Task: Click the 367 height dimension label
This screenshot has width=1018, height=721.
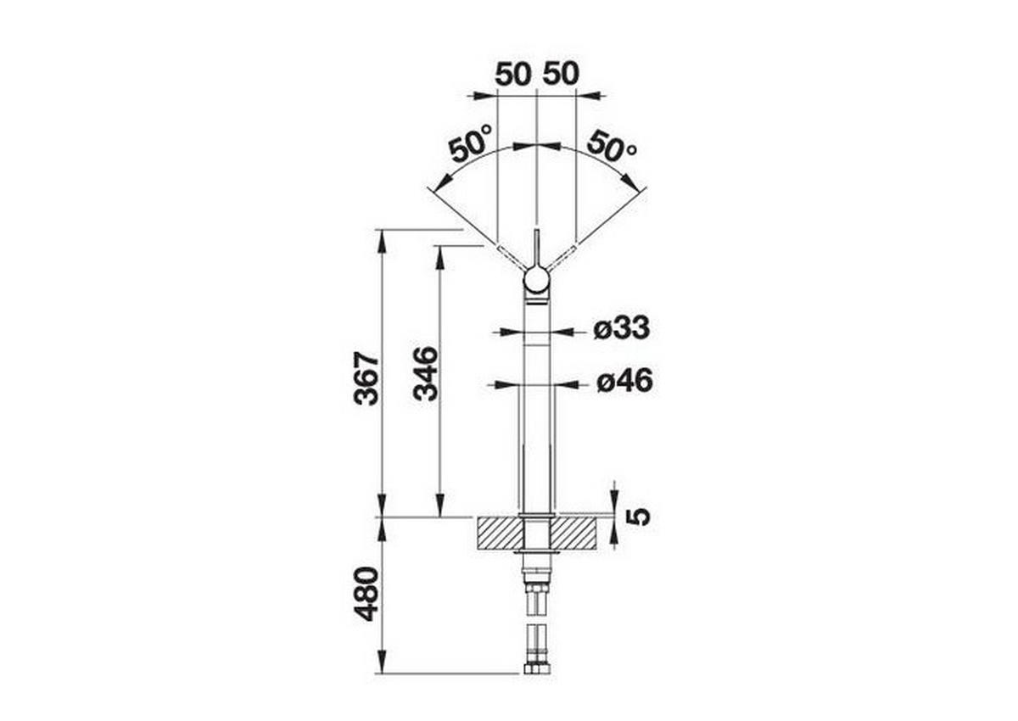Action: click(x=367, y=377)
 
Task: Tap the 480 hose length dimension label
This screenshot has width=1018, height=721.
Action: click(x=367, y=594)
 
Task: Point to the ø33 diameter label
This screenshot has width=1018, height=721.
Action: click(x=621, y=327)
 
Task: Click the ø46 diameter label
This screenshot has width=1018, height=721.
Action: click(x=624, y=382)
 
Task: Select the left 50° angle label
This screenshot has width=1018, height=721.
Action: click(x=472, y=143)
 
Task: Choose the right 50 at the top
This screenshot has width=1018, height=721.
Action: click(x=561, y=74)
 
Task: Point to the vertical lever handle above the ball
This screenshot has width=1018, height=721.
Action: click(x=536, y=248)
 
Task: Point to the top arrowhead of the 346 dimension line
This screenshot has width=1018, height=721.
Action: click(x=439, y=254)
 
